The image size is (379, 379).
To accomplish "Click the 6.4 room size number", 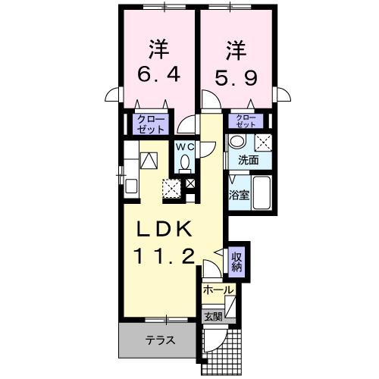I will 157,77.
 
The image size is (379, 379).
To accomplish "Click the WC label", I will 186,147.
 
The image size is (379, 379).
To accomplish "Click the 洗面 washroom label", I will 248,160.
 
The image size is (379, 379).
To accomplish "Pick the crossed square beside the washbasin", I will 263,143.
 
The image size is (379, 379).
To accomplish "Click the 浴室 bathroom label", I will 240,195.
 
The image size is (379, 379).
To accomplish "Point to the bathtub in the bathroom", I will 262,189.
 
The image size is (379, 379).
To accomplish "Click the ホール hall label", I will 218,290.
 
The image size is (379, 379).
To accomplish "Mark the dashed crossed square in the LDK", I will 172,189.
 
